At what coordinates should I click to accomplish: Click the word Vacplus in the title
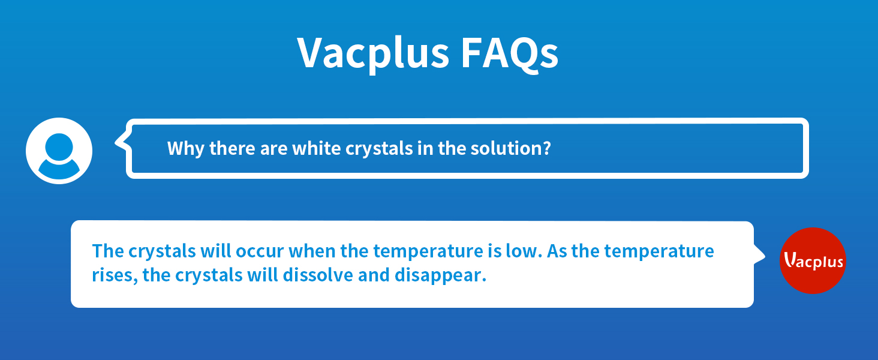[x=373, y=53]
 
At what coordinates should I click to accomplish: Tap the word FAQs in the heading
[x=509, y=53]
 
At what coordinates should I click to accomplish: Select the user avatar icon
[x=59, y=151]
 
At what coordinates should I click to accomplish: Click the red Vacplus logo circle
[x=813, y=260]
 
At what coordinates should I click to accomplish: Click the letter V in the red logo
[x=790, y=260]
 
